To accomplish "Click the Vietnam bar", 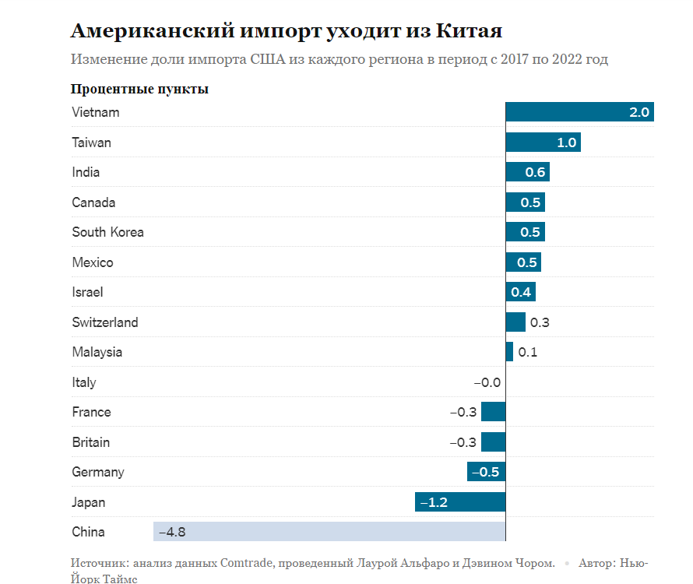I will click(x=579, y=112).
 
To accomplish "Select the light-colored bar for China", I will click(x=329, y=532).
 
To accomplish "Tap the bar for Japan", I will click(x=460, y=502).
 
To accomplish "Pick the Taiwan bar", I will click(x=543, y=142).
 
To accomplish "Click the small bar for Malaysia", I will click(x=509, y=352).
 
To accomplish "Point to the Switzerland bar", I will click(x=515, y=322).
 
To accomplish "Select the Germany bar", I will click(x=486, y=472).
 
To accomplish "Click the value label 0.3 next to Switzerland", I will click(x=539, y=322).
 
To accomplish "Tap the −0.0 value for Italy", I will click(x=487, y=382).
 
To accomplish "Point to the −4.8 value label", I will click(x=172, y=533).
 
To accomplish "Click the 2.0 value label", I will click(x=638, y=113).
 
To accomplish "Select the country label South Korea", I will click(x=107, y=232).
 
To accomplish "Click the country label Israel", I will click(x=87, y=292).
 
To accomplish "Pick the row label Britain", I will click(x=90, y=442).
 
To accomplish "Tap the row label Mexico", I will click(x=92, y=262).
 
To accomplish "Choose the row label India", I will click(x=86, y=172).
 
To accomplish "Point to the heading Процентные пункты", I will click(x=139, y=89).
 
